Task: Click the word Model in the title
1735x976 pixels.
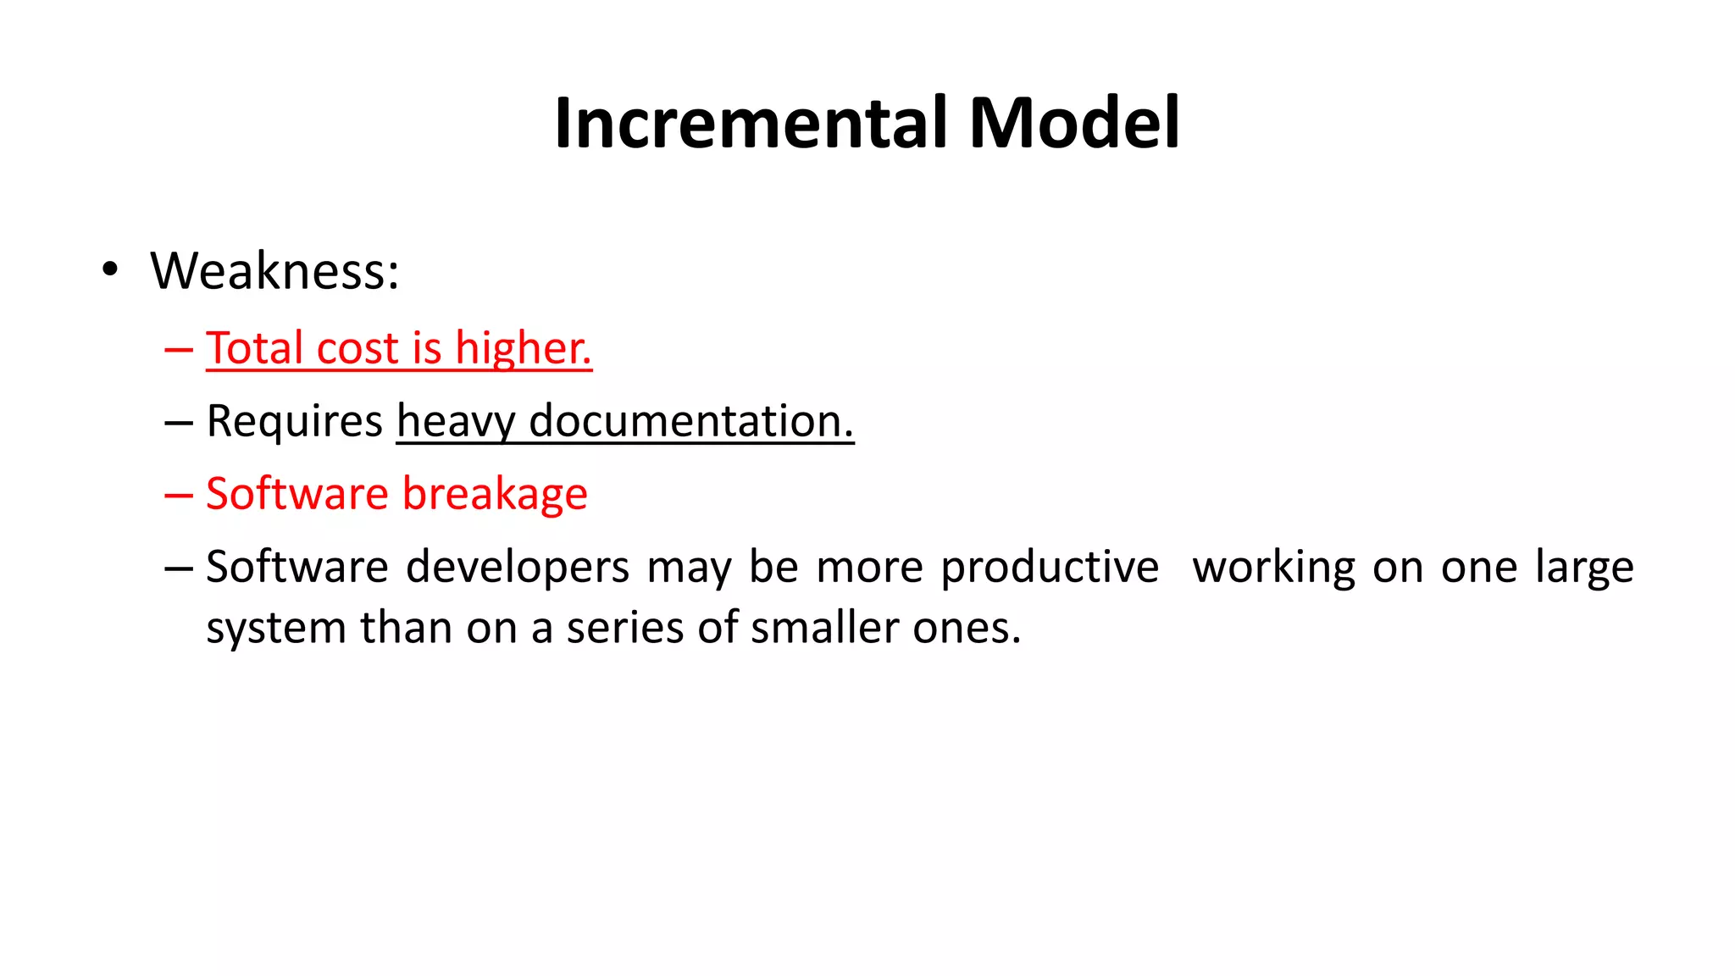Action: [1073, 123]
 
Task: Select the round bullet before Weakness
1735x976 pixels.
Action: [109, 270]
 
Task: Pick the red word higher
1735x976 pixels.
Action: [523, 348]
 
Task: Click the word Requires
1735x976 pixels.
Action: [294, 421]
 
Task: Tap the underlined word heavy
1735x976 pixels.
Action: [456, 421]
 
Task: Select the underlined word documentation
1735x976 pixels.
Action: [690, 421]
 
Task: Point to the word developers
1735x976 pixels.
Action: [517, 567]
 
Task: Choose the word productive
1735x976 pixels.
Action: [1050, 567]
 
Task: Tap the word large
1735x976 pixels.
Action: [1584, 567]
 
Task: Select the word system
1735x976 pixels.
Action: [275, 629]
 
